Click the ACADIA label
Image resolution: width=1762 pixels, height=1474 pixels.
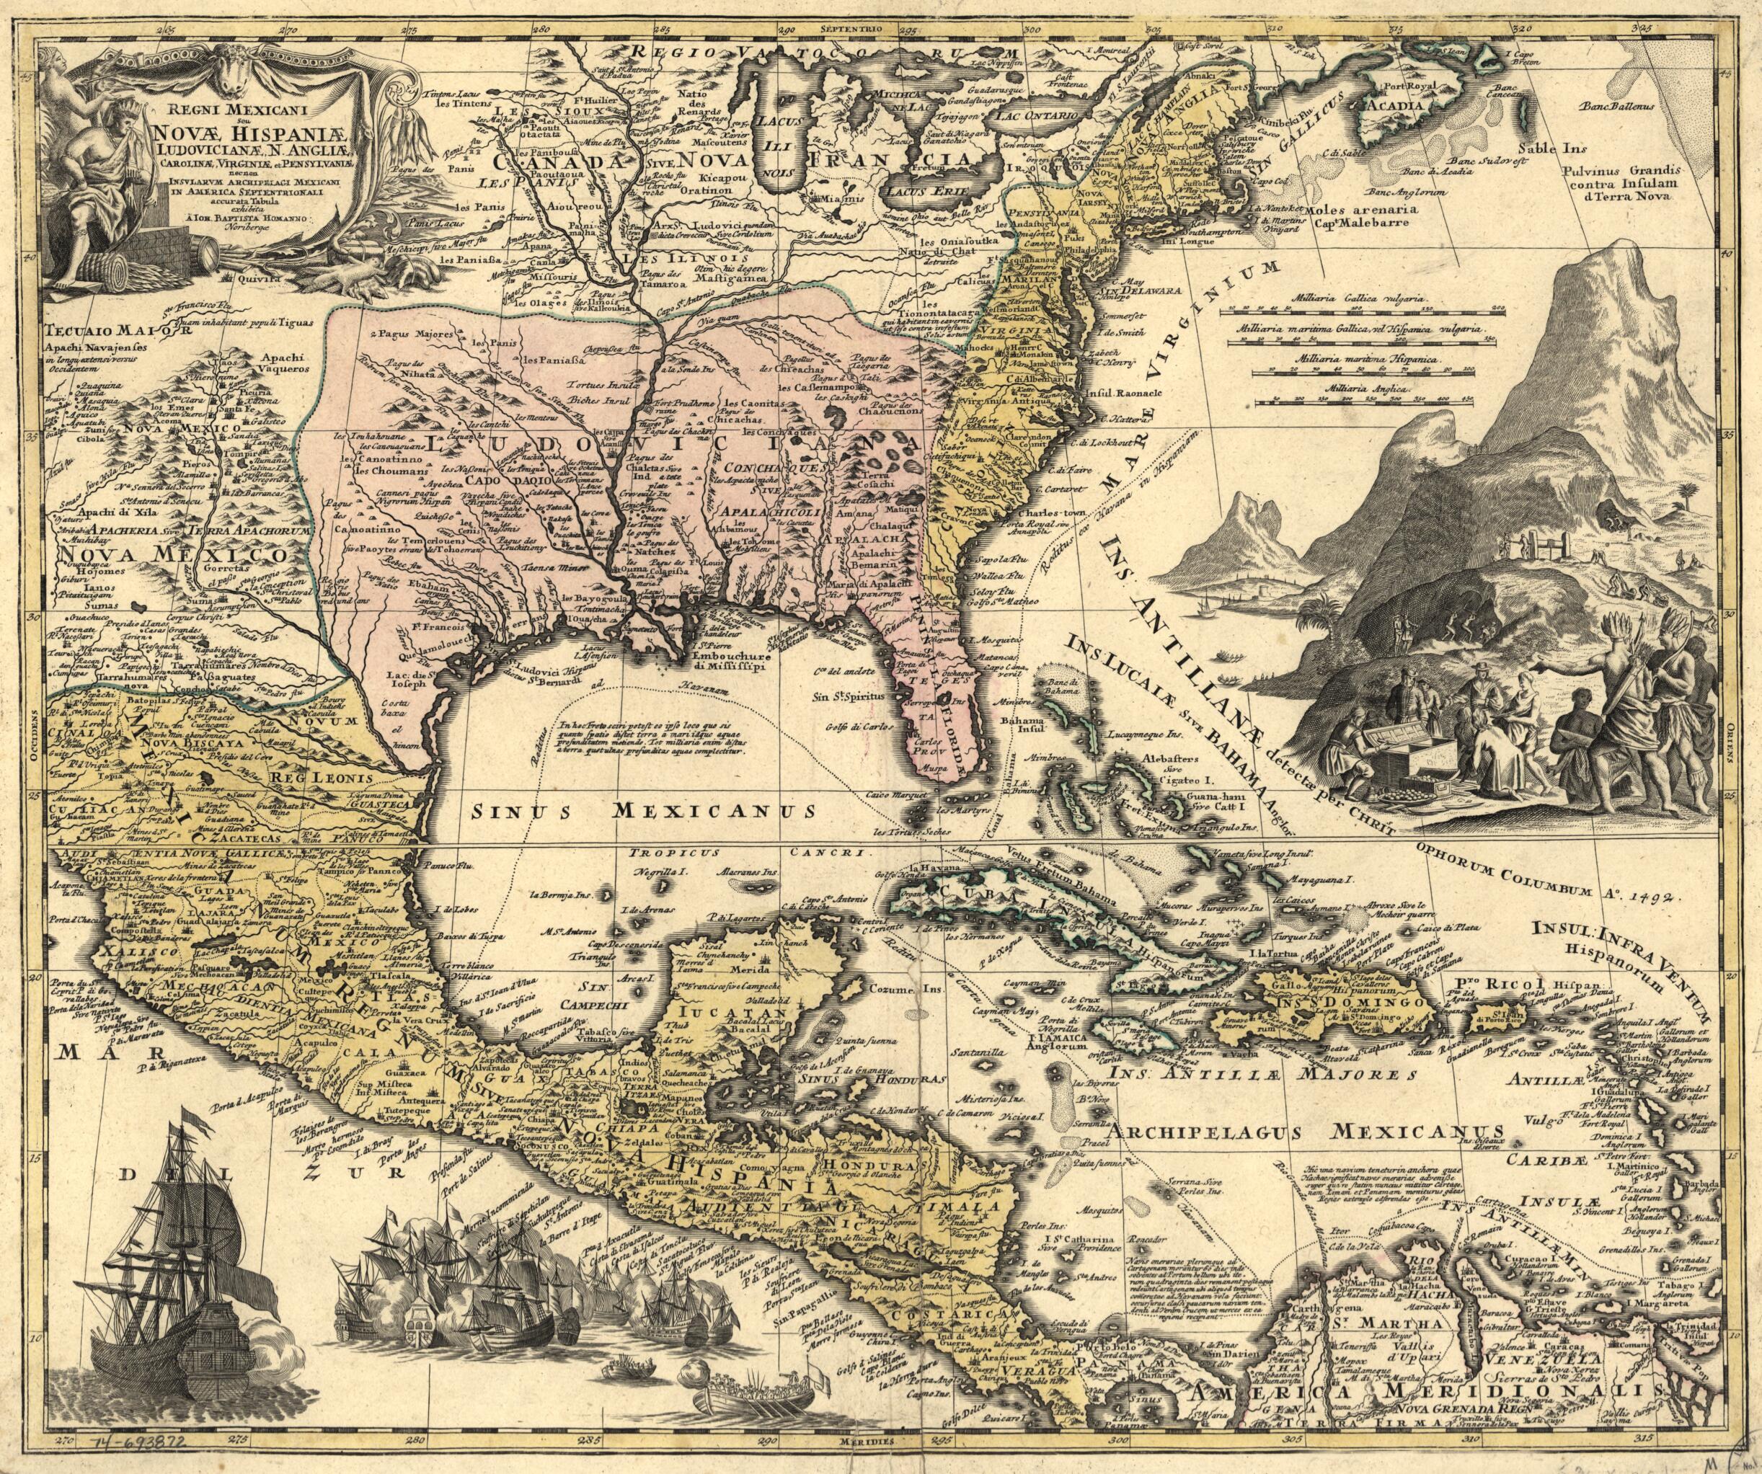click(x=1402, y=107)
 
